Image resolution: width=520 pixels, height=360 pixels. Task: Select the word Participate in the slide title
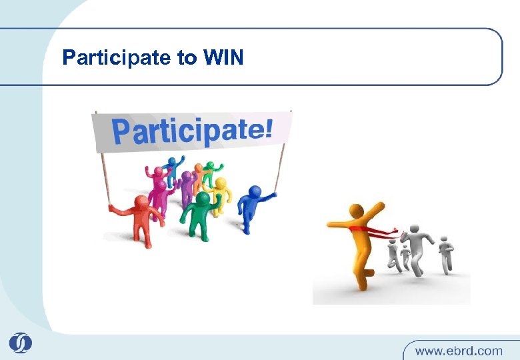click(x=117, y=59)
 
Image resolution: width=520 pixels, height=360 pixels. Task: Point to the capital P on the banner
click(x=122, y=132)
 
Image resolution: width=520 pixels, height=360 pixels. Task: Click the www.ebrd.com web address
click(x=459, y=349)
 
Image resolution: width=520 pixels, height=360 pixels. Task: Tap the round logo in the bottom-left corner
click(x=20, y=343)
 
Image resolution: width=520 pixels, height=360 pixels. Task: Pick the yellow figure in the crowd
click(x=219, y=193)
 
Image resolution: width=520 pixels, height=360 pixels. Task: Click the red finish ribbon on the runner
click(x=373, y=231)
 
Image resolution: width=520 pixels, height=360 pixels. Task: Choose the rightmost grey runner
click(x=445, y=253)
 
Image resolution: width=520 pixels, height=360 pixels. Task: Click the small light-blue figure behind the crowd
click(x=175, y=167)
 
